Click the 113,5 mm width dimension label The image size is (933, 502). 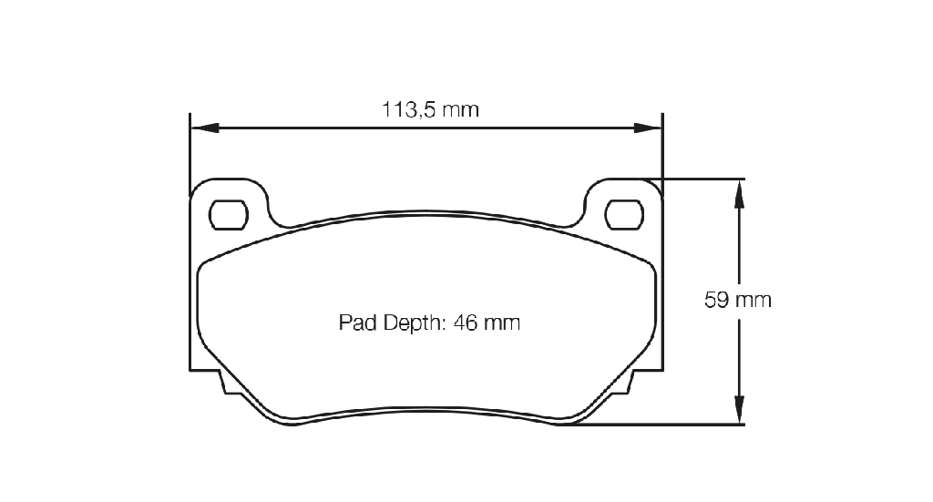coord(430,110)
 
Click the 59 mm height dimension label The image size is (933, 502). coord(738,300)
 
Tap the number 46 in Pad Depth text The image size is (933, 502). coord(466,323)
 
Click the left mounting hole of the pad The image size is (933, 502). coord(229,215)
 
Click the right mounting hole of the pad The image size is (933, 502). coord(624,215)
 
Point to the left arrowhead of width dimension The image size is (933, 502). coord(205,128)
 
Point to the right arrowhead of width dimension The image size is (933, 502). coord(648,128)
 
